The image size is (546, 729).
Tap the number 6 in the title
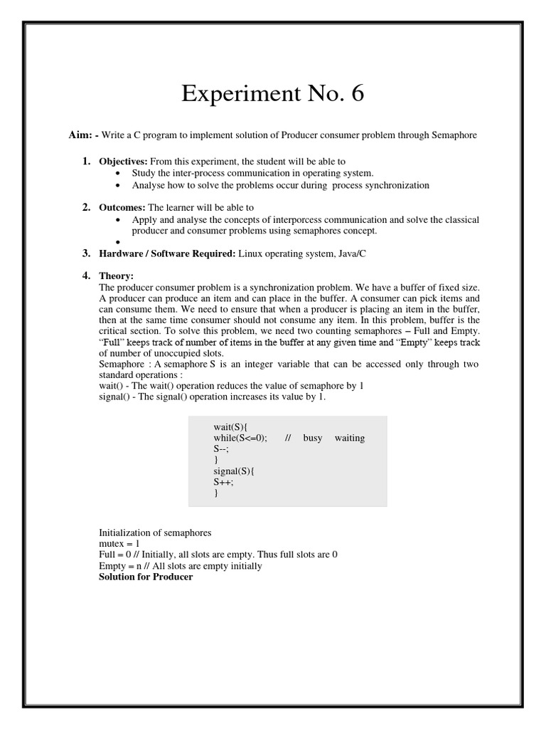(x=355, y=93)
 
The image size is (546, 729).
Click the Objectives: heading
(x=123, y=162)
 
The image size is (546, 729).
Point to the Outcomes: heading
(x=122, y=207)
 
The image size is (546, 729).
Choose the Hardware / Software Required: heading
(x=167, y=253)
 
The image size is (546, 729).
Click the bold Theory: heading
(x=116, y=276)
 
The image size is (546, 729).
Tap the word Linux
(x=252, y=253)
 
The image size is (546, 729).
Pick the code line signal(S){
(x=232, y=471)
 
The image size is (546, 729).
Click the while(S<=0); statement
(x=240, y=437)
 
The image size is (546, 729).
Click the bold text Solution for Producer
(x=145, y=577)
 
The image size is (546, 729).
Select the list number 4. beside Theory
(x=86, y=276)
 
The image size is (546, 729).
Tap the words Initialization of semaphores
(x=155, y=532)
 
